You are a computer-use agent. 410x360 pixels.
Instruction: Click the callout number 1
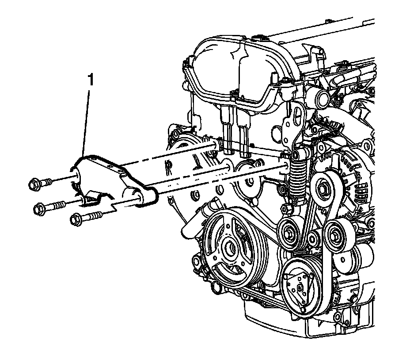point(90,80)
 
